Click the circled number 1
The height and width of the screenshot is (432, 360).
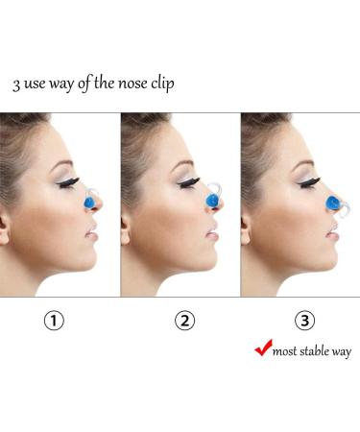57,321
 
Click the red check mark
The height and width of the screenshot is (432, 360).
262,348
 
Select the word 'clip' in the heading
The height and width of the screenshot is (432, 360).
162,83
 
